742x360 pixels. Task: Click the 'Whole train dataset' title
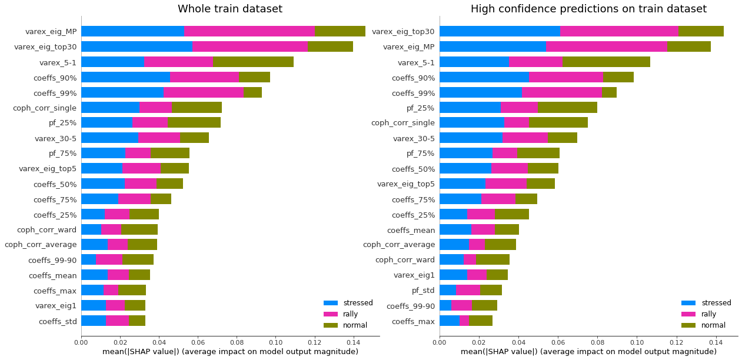[x=229, y=9]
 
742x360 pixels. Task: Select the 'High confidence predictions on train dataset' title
[x=588, y=9]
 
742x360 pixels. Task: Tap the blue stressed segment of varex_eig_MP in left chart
[x=132, y=31]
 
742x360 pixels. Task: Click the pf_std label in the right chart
[x=423, y=291]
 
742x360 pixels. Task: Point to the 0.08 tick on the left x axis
[x=237, y=341]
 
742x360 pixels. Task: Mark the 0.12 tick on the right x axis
[x=676, y=341]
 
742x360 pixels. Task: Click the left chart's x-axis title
[x=230, y=352]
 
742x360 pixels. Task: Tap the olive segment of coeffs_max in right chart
[x=481, y=321]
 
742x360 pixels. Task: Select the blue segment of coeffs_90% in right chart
[x=484, y=77]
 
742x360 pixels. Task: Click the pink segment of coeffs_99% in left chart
[x=203, y=92]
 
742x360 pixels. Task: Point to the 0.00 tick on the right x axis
[x=440, y=341]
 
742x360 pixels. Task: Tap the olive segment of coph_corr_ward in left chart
[x=139, y=229]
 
